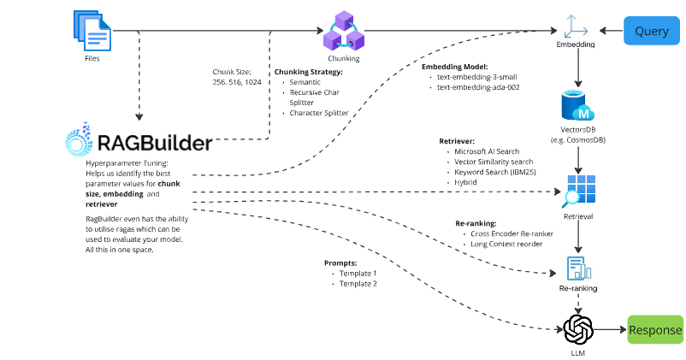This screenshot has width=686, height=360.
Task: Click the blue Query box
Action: click(651, 32)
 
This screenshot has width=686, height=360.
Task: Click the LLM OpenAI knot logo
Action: click(579, 329)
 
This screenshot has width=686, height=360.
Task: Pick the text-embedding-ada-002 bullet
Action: click(477, 87)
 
